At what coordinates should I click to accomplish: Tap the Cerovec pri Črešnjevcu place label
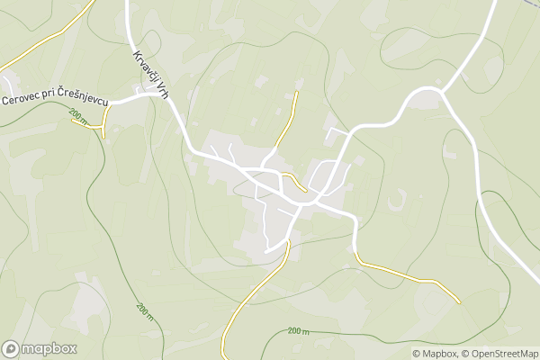pos(55,101)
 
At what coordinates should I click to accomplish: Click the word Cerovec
pos(19,99)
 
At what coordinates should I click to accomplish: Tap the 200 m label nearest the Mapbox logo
pos(144,310)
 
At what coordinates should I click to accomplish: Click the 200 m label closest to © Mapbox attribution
pos(299,331)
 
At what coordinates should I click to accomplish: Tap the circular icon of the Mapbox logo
pos(12,348)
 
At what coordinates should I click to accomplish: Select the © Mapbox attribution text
pos(435,354)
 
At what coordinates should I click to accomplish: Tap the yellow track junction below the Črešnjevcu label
pos(104,125)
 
